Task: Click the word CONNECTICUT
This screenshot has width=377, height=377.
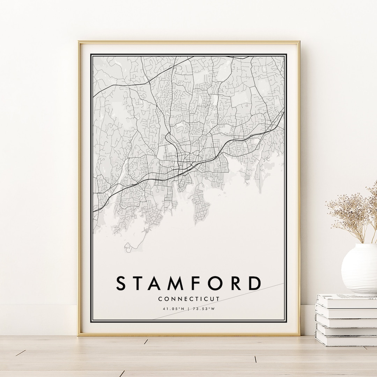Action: coord(189,299)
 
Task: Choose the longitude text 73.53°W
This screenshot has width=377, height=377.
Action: coord(203,309)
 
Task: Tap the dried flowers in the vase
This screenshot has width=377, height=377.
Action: coord(353,213)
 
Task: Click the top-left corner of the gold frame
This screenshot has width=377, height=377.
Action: coord(79,42)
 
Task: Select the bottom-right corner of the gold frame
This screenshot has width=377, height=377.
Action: coord(299,335)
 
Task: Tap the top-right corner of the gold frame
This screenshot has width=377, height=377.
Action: coord(299,42)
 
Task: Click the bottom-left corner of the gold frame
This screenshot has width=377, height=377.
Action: coord(79,335)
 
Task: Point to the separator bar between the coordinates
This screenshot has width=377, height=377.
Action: coord(189,309)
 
